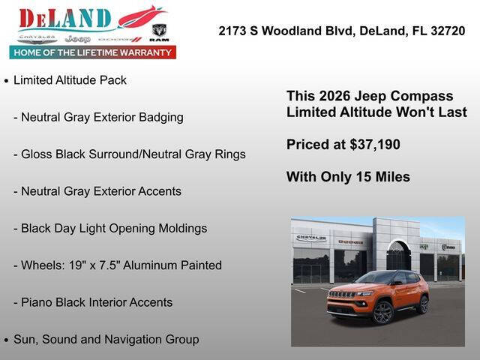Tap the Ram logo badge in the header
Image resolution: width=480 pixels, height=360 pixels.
pyautogui.click(x=159, y=31)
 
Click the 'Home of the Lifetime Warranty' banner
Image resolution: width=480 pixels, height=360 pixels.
pyautogui.click(x=92, y=52)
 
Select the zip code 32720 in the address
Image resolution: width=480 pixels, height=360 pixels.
pyautogui.click(x=444, y=31)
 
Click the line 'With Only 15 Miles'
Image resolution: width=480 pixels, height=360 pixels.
pyautogui.click(x=348, y=177)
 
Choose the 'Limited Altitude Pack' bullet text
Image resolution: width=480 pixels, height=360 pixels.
pyautogui.click(x=70, y=80)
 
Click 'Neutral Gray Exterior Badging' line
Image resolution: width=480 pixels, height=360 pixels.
pyautogui.click(x=102, y=117)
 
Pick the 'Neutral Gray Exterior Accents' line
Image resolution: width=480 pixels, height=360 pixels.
pyautogui.click(x=100, y=191)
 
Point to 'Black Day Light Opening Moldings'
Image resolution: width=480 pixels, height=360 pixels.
pyautogui.click(x=113, y=228)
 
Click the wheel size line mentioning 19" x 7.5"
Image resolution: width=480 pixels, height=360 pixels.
pyautogui.click(x=121, y=265)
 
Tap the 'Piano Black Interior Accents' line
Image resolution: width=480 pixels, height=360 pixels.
pyautogui.click(x=96, y=302)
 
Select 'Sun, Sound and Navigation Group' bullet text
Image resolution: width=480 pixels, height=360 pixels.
pyautogui.click(x=106, y=339)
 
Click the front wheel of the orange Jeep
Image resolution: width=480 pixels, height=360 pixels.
pyautogui.click(x=382, y=313)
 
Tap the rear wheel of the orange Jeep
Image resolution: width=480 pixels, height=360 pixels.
pyautogui.click(x=423, y=304)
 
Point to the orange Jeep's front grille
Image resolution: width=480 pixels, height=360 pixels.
pyautogui.click(x=343, y=295)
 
